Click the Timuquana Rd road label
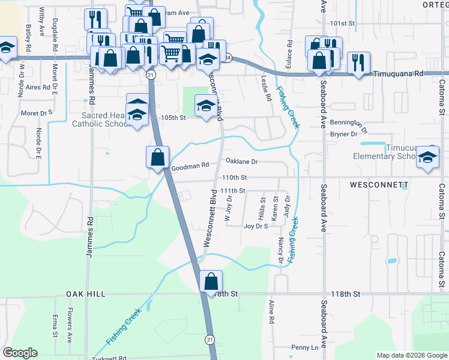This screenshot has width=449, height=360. click(x=398, y=73)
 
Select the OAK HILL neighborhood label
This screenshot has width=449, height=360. click(x=86, y=294)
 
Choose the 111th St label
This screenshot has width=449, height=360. click(x=233, y=190)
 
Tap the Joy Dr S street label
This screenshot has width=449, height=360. click(x=255, y=226)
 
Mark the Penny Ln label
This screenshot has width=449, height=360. click(x=304, y=347)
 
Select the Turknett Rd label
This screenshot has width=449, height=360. click(x=109, y=358)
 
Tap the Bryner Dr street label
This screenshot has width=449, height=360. click(x=343, y=134)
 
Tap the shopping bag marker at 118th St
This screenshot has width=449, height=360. click(x=211, y=281)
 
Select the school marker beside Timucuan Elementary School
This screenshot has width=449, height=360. click(x=428, y=157)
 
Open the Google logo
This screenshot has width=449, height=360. click(x=20, y=353)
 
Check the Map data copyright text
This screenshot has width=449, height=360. click(x=411, y=355)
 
